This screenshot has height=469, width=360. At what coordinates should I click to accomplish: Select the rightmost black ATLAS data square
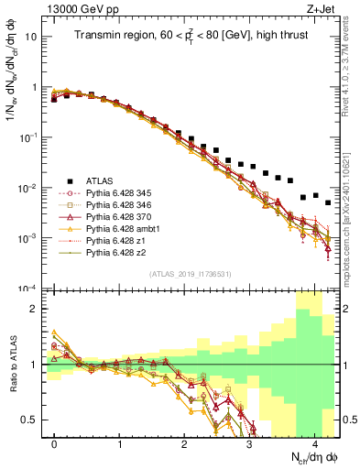pyautogui.click(x=327, y=202)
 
